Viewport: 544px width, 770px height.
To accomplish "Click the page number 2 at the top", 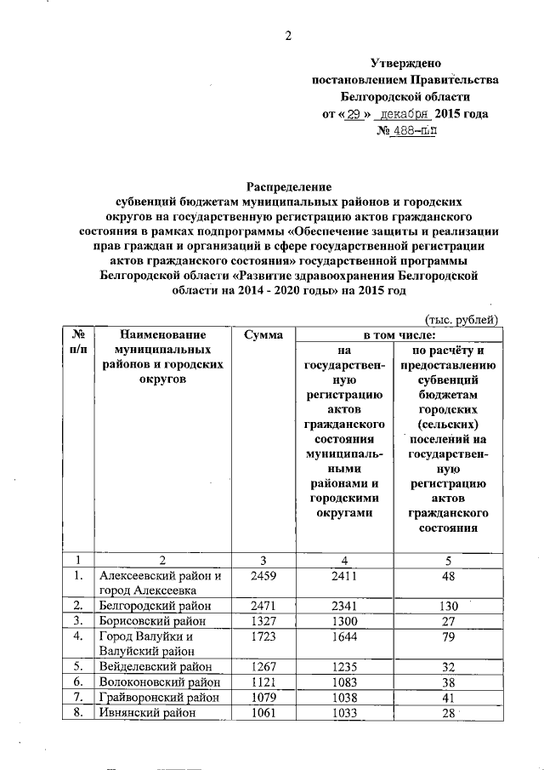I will [x=288, y=35].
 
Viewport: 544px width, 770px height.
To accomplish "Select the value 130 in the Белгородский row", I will [x=447, y=606].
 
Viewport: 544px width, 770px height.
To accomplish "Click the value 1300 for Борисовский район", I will [x=346, y=621].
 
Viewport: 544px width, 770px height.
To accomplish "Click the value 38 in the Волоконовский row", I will [x=447, y=682].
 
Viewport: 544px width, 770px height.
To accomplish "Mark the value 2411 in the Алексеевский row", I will [x=346, y=576].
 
